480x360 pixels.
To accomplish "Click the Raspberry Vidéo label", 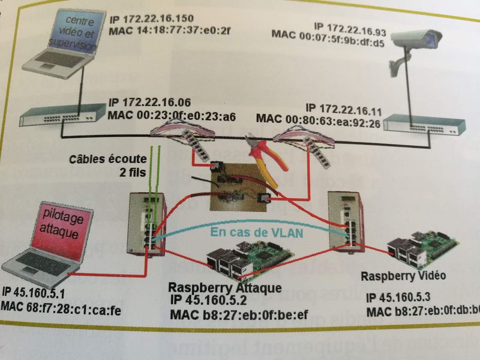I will pyautogui.click(x=404, y=275).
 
